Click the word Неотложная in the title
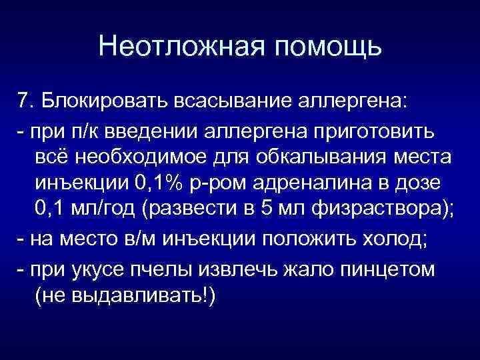point(175,47)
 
